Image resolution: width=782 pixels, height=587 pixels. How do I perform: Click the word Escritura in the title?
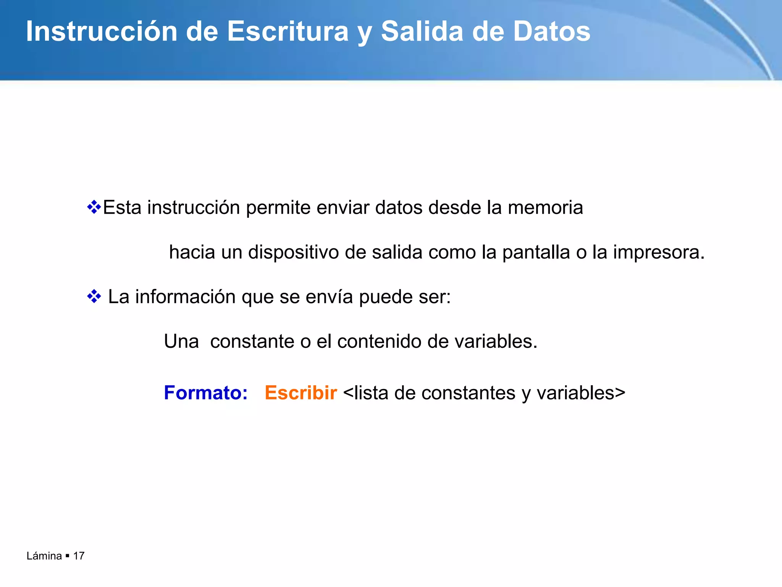click(288, 31)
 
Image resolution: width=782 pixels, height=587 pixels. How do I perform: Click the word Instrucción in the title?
click(102, 31)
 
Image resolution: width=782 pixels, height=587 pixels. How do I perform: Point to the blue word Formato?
click(206, 393)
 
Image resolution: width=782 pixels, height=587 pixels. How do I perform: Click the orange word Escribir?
click(301, 393)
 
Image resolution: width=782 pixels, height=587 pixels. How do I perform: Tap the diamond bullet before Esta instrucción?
click(94, 208)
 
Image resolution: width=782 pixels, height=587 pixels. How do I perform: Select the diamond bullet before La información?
click(94, 297)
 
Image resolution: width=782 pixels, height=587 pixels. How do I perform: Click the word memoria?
click(545, 208)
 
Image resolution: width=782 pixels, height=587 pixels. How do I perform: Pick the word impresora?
click(658, 252)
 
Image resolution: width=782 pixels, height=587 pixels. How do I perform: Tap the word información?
click(185, 297)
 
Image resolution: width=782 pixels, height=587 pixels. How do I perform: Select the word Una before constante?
click(181, 341)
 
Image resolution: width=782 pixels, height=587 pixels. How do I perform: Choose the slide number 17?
click(79, 556)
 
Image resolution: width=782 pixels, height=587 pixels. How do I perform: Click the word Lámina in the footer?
click(44, 556)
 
